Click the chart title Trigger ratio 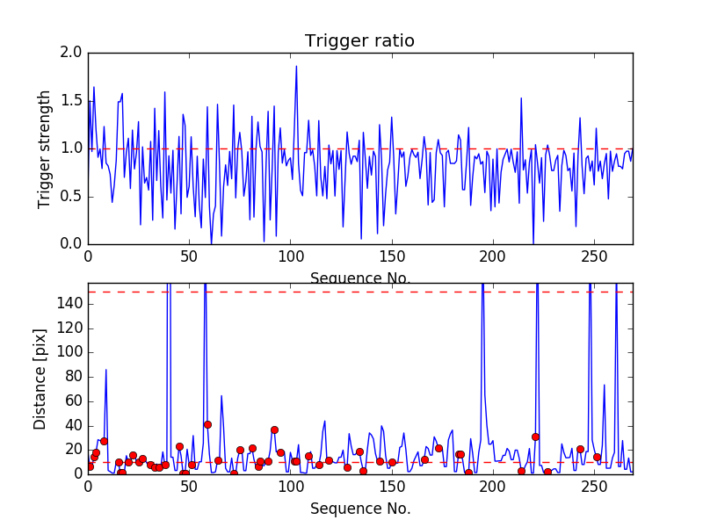click(x=359, y=41)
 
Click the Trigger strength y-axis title click(x=45, y=148)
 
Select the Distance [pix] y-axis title click(x=40, y=379)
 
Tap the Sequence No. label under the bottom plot click(x=360, y=509)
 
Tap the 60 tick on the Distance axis click(x=72, y=401)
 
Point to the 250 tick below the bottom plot click(x=593, y=487)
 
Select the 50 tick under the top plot click(x=189, y=257)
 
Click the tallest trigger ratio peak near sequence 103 click(x=296, y=66)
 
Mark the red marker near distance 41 click(x=207, y=424)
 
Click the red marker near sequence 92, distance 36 click(x=274, y=430)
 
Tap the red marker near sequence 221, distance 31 click(x=535, y=437)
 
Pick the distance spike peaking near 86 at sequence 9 click(x=106, y=370)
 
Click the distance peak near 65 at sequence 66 click(x=221, y=395)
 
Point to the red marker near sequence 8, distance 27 click(x=104, y=441)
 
